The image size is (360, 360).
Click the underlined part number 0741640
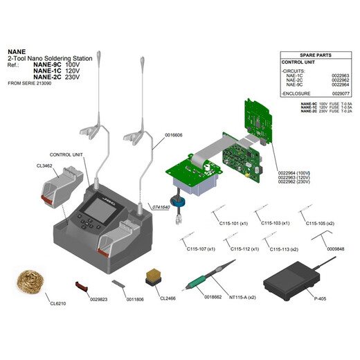pos(160,207)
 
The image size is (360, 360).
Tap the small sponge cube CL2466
pos(152,276)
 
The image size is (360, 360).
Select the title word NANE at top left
pos(17,51)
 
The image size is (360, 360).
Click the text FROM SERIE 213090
pos(35,83)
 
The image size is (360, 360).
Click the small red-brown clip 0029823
pos(82,284)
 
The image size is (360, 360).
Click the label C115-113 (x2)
pos(284,249)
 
